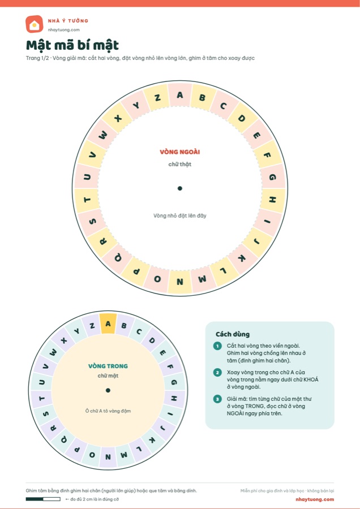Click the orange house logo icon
(34, 24)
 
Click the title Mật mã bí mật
(72, 45)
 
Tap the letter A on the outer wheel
(179, 95)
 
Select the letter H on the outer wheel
(272, 200)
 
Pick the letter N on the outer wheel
(179, 282)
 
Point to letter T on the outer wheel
(87, 200)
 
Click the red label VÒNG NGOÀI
(179, 152)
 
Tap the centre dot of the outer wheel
(179, 188)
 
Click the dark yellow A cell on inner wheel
(108, 323)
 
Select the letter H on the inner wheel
(174, 398)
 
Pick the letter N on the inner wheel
(108, 457)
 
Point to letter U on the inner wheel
(42, 382)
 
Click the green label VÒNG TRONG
(108, 366)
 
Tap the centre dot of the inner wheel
(108, 390)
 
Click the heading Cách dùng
(233, 334)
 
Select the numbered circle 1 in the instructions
(217, 346)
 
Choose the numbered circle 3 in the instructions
(217, 399)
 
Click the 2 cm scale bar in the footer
(43, 499)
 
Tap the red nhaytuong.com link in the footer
(315, 499)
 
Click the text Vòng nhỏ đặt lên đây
(179, 215)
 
